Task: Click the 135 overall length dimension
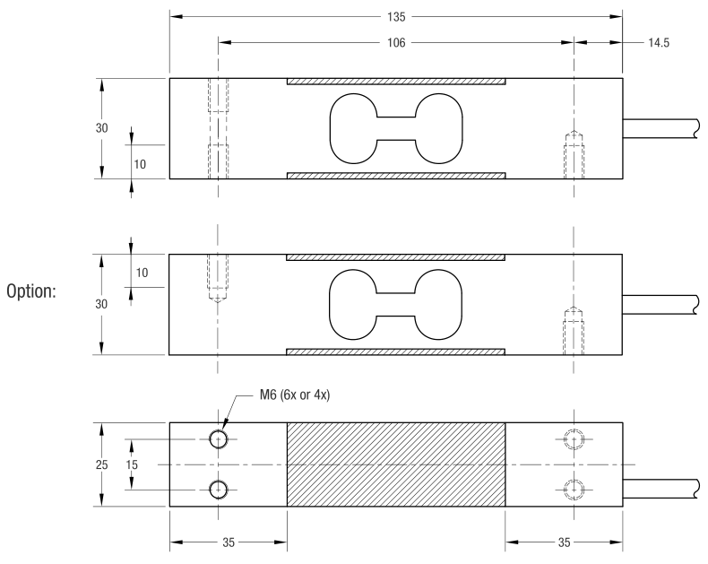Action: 395,16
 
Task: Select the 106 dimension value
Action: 395,41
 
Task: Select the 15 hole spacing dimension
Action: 131,464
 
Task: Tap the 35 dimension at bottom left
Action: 228,542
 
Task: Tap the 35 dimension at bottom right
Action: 563,542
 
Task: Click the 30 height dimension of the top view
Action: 102,127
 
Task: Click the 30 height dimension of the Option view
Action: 102,303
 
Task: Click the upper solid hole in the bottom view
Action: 218,439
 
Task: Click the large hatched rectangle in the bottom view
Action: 395,464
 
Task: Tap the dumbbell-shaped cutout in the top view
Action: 395,127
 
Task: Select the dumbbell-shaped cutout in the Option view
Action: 395,303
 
